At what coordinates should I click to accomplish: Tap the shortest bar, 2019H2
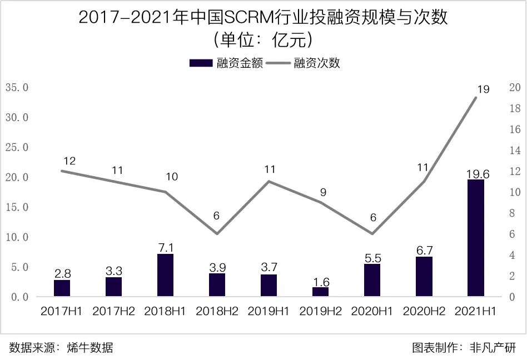tap(320, 292)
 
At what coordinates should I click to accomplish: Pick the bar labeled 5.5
tap(372, 280)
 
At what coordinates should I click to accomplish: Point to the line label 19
tap(483, 89)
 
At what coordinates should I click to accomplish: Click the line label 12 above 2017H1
tap(69, 161)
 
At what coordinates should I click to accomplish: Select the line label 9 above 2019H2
tap(323, 192)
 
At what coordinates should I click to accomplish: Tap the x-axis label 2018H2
tap(217, 311)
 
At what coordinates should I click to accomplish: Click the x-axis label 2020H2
tap(424, 311)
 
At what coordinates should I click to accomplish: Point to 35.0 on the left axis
tap(17, 88)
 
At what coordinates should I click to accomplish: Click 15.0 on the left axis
tap(17, 207)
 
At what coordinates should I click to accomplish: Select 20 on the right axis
tap(514, 88)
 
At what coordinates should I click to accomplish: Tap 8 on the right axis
tap(514, 213)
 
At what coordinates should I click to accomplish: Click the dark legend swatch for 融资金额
tap(201, 63)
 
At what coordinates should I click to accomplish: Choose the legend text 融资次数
tap(316, 63)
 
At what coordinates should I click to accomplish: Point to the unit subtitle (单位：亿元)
tap(263, 40)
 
